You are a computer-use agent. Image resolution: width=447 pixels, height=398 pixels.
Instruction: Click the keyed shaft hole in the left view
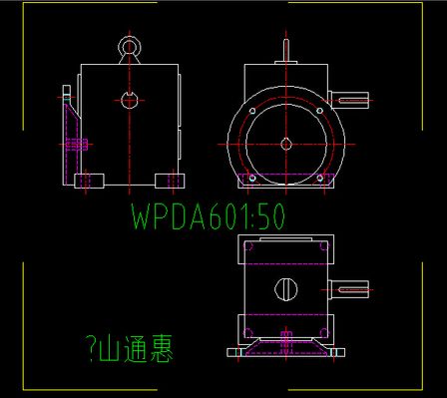129,99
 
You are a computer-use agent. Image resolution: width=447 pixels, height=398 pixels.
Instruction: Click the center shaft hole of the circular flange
286,143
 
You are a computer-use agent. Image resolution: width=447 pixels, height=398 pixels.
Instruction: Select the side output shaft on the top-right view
354,99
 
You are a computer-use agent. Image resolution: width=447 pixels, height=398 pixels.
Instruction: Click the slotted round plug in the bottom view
286,290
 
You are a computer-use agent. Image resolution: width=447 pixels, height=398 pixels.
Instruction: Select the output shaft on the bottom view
354,290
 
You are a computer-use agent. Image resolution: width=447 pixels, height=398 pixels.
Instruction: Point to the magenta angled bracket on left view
70,140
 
